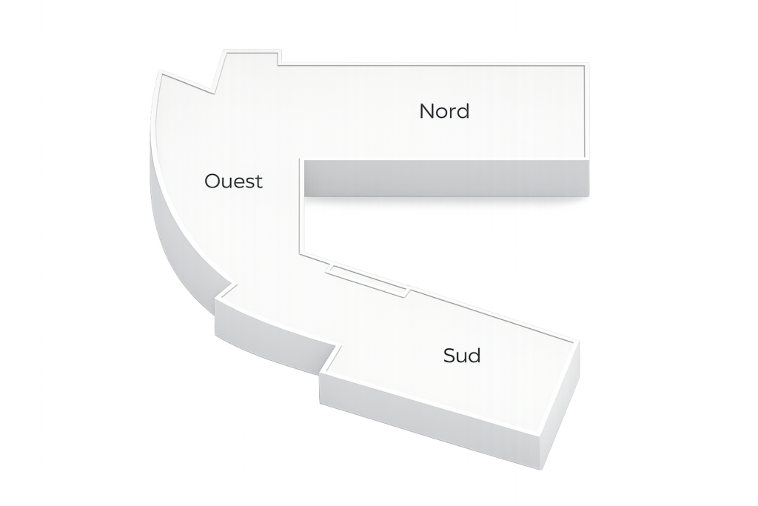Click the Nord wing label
coord(444,111)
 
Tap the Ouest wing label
coord(233,181)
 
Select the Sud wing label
coord(462,356)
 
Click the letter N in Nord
coord(426,111)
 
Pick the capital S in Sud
coord(449,356)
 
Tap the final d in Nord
coord(463,111)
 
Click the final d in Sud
coord(474,356)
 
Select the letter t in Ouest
coord(258,181)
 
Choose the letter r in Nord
coord(452,113)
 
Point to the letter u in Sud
coord(462,357)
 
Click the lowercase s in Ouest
coord(249,182)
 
